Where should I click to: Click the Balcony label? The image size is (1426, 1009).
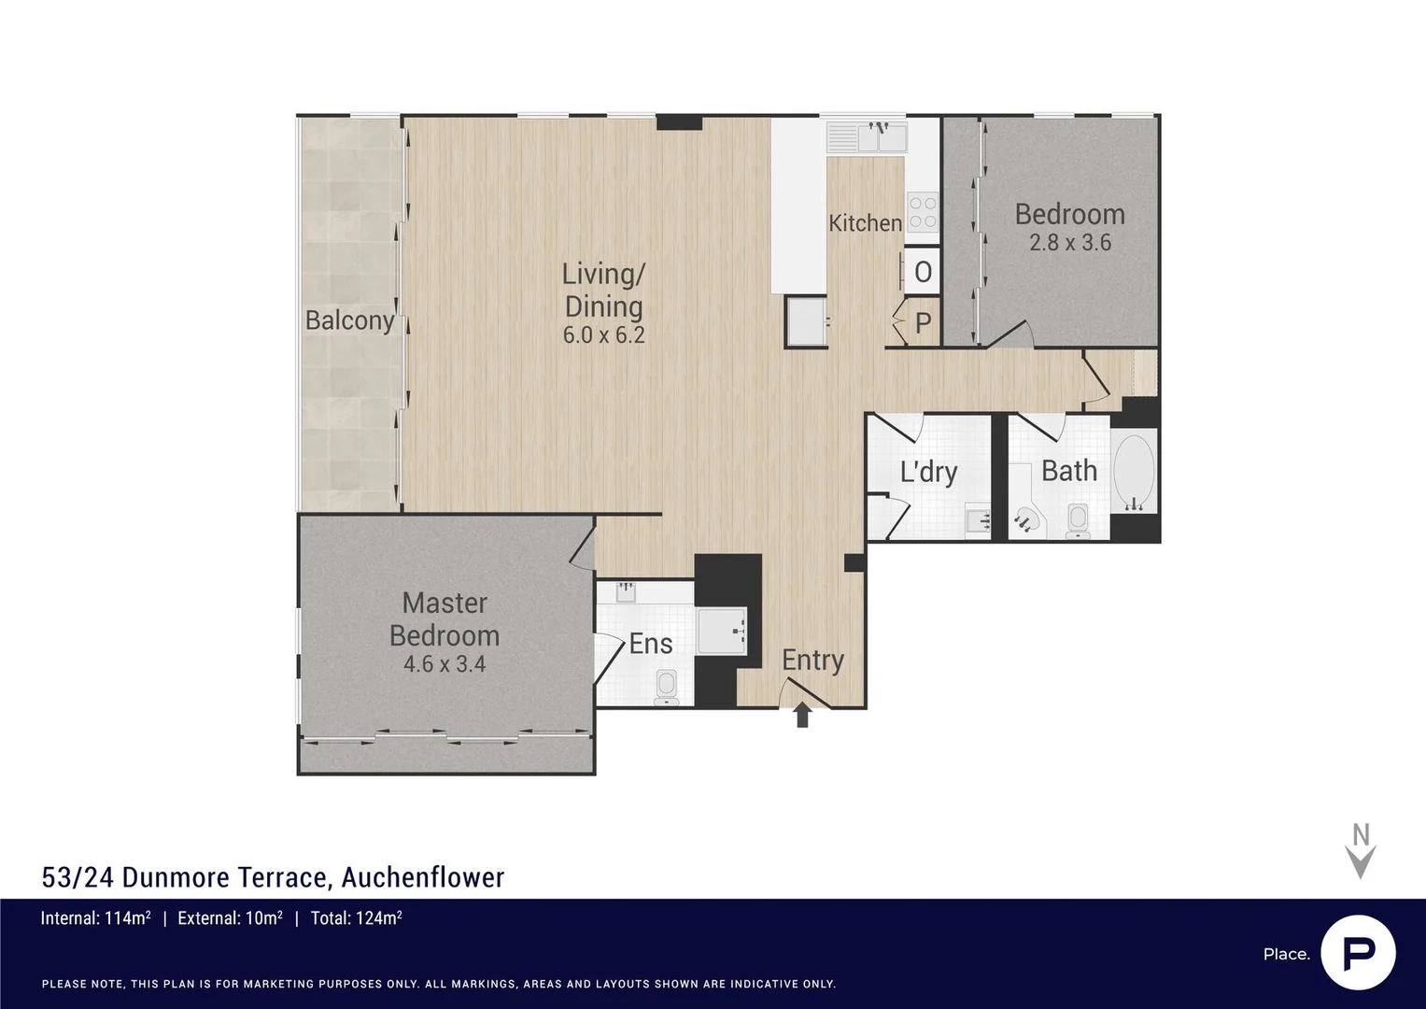(x=349, y=320)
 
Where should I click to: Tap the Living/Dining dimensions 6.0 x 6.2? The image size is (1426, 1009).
(x=603, y=335)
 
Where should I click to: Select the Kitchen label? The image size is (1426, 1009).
(x=865, y=223)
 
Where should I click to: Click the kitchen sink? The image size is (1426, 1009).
(x=868, y=138)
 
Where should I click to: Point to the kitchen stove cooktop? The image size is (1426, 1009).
(x=923, y=212)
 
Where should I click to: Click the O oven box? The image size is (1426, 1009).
(x=922, y=272)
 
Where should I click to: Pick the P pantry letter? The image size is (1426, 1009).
(x=923, y=323)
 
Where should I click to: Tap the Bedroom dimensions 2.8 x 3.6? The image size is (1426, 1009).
(x=1069, y=243)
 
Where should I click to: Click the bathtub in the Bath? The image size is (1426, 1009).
(x=1134, y=473)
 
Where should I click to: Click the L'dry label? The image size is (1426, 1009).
(x=928, y=472)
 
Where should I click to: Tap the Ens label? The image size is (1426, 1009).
(x=651, y=644)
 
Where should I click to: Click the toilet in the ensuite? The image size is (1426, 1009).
(x=666, y=686)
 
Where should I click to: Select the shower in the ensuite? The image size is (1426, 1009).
(x=721, y=632)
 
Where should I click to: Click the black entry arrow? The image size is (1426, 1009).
(x=801, y=716)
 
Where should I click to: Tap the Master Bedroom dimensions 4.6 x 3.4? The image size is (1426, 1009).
(x=444, y=664)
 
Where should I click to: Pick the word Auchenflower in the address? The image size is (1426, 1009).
(x=422, y=877)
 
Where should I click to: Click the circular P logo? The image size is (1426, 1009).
(x=1358, y=953)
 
